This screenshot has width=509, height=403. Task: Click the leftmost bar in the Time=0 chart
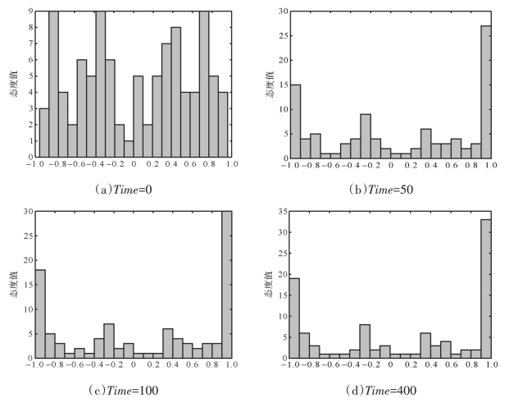click(43, 132)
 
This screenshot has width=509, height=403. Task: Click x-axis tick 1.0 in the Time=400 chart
click(489, 366)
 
